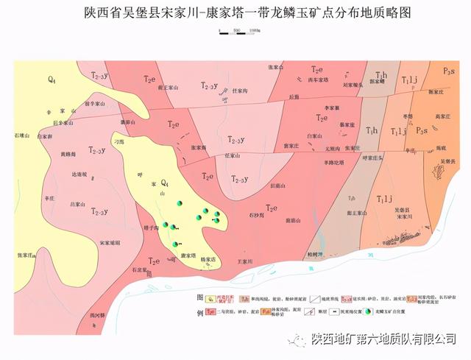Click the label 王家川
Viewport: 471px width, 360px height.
point(244,261)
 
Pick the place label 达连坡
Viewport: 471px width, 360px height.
point(79,174)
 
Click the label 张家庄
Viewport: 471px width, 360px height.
point(26,255)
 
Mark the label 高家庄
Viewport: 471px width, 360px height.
point(442,116)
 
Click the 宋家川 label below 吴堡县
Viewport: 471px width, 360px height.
point(406,217)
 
